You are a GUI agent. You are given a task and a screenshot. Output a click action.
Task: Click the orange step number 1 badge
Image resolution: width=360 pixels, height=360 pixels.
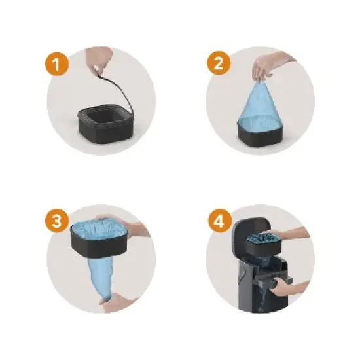(57, 63)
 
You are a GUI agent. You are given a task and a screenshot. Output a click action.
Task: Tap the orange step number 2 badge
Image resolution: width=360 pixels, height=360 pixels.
(219, 63)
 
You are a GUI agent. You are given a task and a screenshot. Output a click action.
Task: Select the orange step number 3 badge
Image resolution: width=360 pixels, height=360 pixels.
(57, 221)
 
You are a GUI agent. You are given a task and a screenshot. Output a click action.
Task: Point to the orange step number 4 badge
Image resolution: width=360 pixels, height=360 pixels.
(220, 221)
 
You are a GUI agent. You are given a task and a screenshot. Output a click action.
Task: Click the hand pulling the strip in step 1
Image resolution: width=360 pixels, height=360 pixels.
(99, 59)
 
